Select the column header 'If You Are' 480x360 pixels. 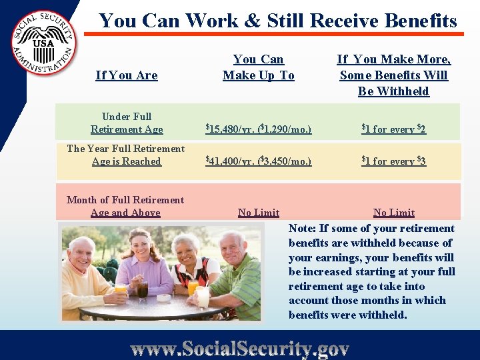point(127,75)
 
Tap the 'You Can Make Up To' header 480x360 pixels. point(259,67)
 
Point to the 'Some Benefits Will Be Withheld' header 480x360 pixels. point(393,75)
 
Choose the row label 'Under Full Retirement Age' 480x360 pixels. point(127,123)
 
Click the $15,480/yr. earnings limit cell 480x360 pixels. point(258,129)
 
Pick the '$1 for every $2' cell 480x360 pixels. point(393,129)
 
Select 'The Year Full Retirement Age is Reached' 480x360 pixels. point(126,155)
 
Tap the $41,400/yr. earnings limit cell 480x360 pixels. point(258,161)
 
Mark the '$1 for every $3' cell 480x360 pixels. point(393,161)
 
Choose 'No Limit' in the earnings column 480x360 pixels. point(259,213)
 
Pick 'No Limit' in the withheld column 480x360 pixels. point(394,213)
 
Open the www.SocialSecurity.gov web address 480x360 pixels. point(240,348)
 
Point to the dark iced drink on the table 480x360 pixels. point(142,289)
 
